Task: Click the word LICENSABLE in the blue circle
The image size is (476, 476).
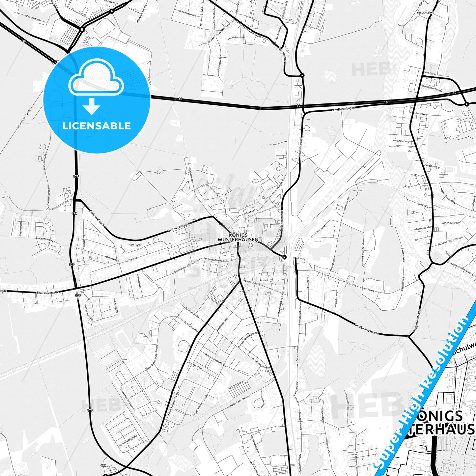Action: [x=97, y=126]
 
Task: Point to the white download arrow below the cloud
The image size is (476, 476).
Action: [x=92, y=106]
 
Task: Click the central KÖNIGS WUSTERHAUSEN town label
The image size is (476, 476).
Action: [x=238, y=238]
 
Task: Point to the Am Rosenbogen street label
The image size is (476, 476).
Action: [x=344, y=109]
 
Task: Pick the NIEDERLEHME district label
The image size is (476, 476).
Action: [x=425, y=13]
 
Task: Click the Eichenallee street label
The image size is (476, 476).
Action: [x=252, y=283]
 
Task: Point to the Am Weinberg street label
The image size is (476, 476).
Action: [x=46, y=240]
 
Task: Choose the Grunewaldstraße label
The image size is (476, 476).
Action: [x=128, y=440]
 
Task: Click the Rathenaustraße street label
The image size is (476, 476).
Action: [x=450, y=223]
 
